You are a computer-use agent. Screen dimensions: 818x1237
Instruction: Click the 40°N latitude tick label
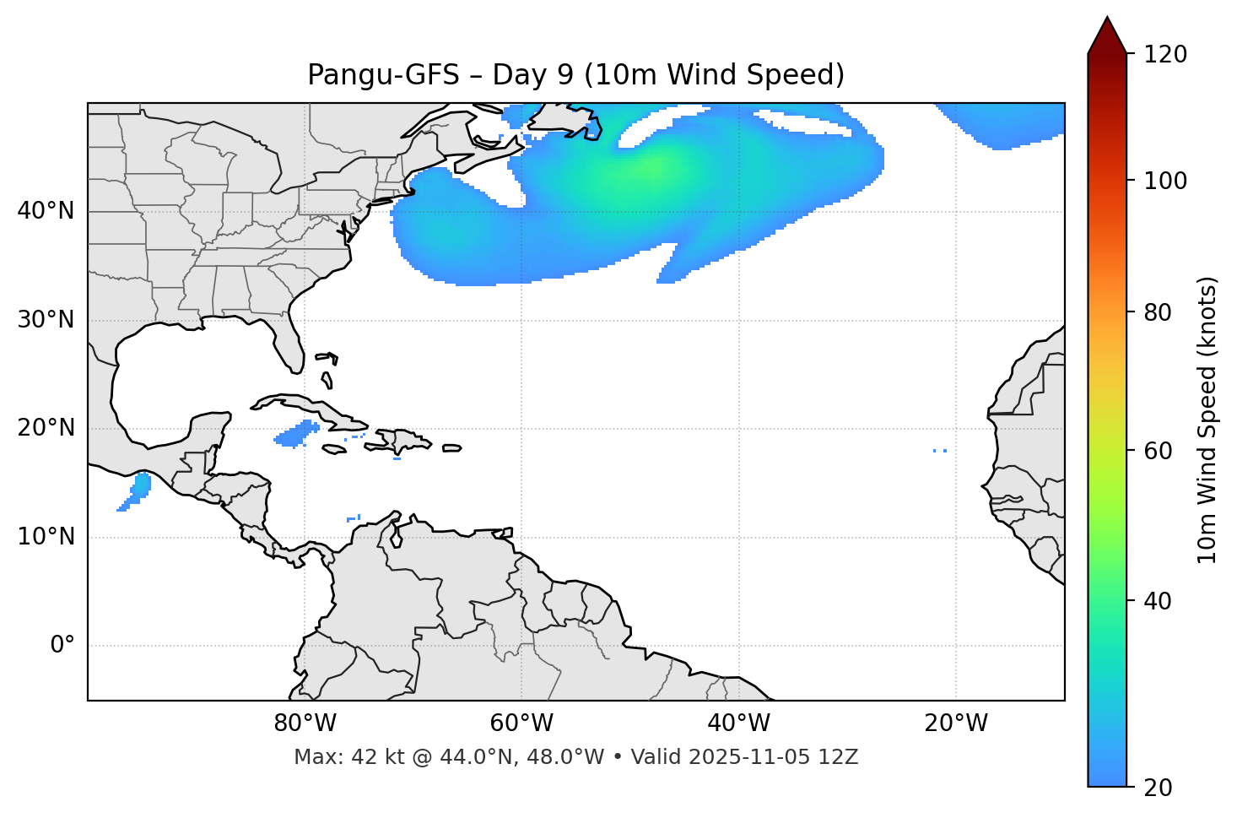pos(46,211)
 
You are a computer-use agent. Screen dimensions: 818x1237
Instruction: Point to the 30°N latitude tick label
pos(46,320)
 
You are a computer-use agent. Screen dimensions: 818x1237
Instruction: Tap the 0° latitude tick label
pos(62,646)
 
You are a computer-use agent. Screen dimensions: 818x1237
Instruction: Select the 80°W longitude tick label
pos(305,723)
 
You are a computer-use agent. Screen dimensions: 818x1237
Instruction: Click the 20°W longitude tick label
pos(956,723)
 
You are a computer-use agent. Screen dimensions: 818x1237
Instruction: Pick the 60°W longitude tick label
pos(521,723)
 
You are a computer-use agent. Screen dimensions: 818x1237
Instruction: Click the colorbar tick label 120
pos(1166,55)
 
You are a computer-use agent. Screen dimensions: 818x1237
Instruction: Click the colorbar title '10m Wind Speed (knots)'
pos(1207,420)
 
